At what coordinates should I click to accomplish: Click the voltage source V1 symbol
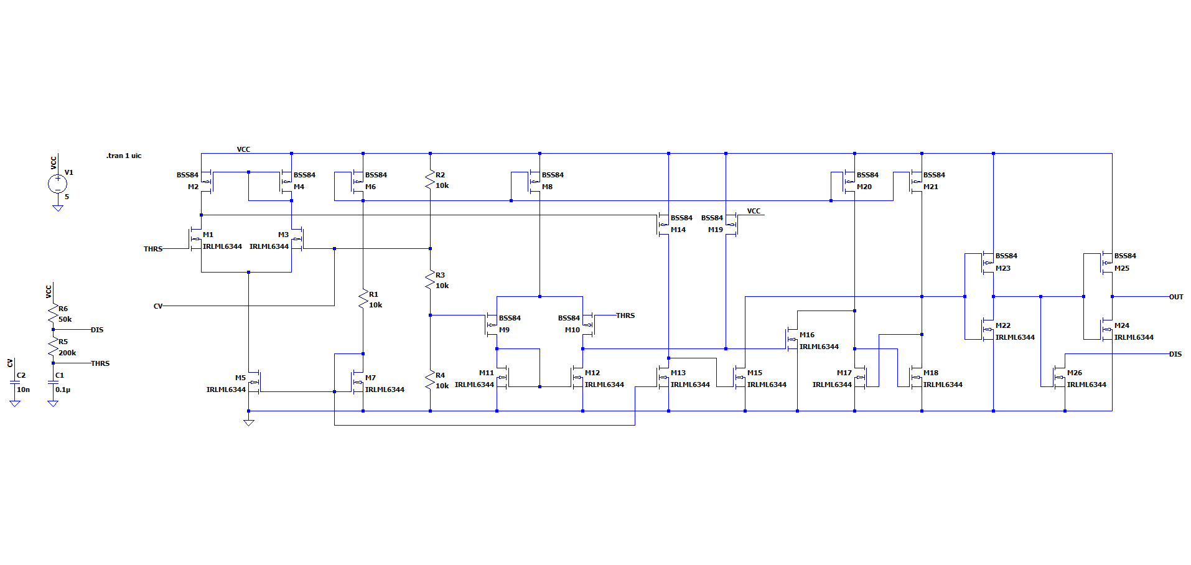click(x=57, y=183)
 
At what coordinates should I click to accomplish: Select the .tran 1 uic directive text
click(x=124, y=156)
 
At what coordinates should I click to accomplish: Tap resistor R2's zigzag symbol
click(x=430, y=180)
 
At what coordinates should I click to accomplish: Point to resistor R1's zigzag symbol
click(x=363, y=299)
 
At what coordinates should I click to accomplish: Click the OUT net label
click(x=1175, y=297)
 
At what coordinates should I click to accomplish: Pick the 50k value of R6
click(x=65, y=319)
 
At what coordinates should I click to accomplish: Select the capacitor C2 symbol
click(x=15, y=383)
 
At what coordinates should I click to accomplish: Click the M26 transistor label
click(x=1074, y=373)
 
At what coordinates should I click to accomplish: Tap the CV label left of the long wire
click(x=158, y=306)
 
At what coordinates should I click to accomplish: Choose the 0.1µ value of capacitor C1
click(x=63, y=390)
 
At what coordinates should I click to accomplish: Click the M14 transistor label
click(x=678, y=230)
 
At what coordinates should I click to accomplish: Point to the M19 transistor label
click(x=715, y=230)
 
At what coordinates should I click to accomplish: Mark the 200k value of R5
click(x=67, y=353)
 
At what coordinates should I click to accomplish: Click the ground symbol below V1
click(x=57, y=208)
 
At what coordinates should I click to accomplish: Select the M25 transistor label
click(x=1121, y=268)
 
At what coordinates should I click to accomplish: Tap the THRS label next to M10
click(x=625, y=315)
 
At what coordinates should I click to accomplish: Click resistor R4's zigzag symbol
click(x=430, y=380)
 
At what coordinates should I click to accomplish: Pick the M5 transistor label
click(x=240, y=378)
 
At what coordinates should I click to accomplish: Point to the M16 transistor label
click(x=806, y=335)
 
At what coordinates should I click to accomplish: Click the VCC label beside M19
click(x=754, y=211)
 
